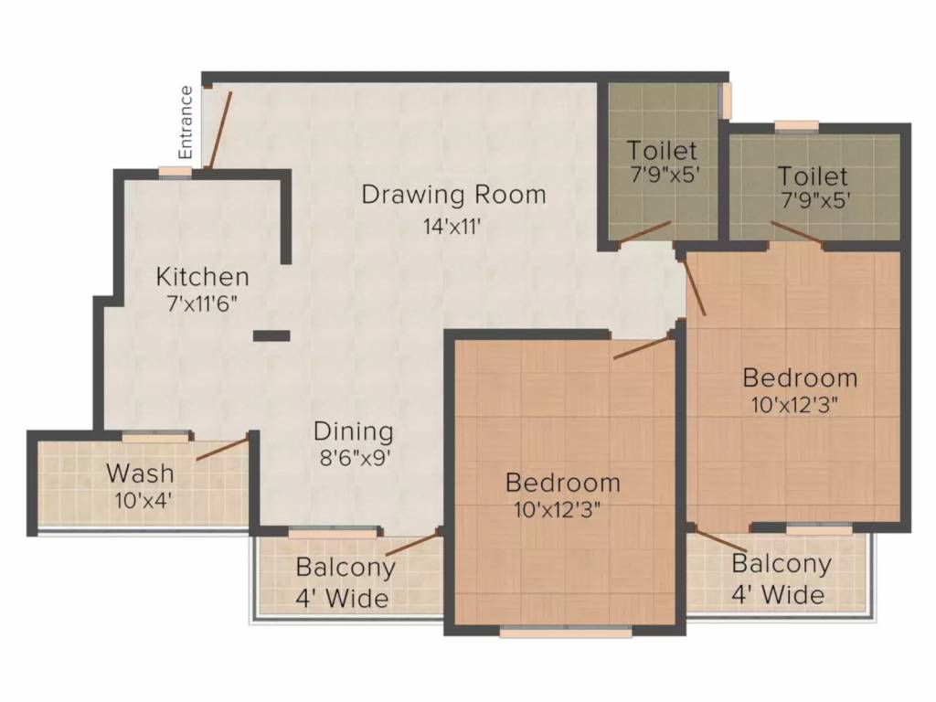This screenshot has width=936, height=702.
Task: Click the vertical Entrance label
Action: click(x=186, y=122)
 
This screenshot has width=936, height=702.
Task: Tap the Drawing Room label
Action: click(x=453, y=195)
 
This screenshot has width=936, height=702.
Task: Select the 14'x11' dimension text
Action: click(x=452, y=227)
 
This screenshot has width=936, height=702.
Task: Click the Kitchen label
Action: click(x=202, y=277)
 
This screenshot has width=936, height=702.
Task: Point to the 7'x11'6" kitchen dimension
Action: click(x=202, y=303)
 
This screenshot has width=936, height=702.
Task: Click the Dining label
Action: click(x=354, y=432)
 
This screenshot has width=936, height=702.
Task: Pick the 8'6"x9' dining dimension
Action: click(x=355, y=458)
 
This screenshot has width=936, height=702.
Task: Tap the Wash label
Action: click(x=140, y=473)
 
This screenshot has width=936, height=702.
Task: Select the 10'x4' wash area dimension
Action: click(x=144, y=500)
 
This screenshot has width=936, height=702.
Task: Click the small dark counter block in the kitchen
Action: click(x=271, y=336)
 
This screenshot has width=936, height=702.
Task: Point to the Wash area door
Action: click(x=222, y=448)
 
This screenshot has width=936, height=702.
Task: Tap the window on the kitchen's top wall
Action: click(x=175, y=172)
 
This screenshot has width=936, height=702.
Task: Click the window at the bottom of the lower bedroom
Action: click(x=565, y=632)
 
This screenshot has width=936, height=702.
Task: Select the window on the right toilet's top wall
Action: click(x=796, y=125)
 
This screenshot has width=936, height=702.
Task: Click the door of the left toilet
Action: click(x=644, y=232)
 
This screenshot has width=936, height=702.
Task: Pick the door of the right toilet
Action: click(x=797, y=232)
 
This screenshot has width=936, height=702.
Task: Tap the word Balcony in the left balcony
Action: click(x=346, y=567)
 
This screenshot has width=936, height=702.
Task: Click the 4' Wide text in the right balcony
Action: click(x=778, y=595)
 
